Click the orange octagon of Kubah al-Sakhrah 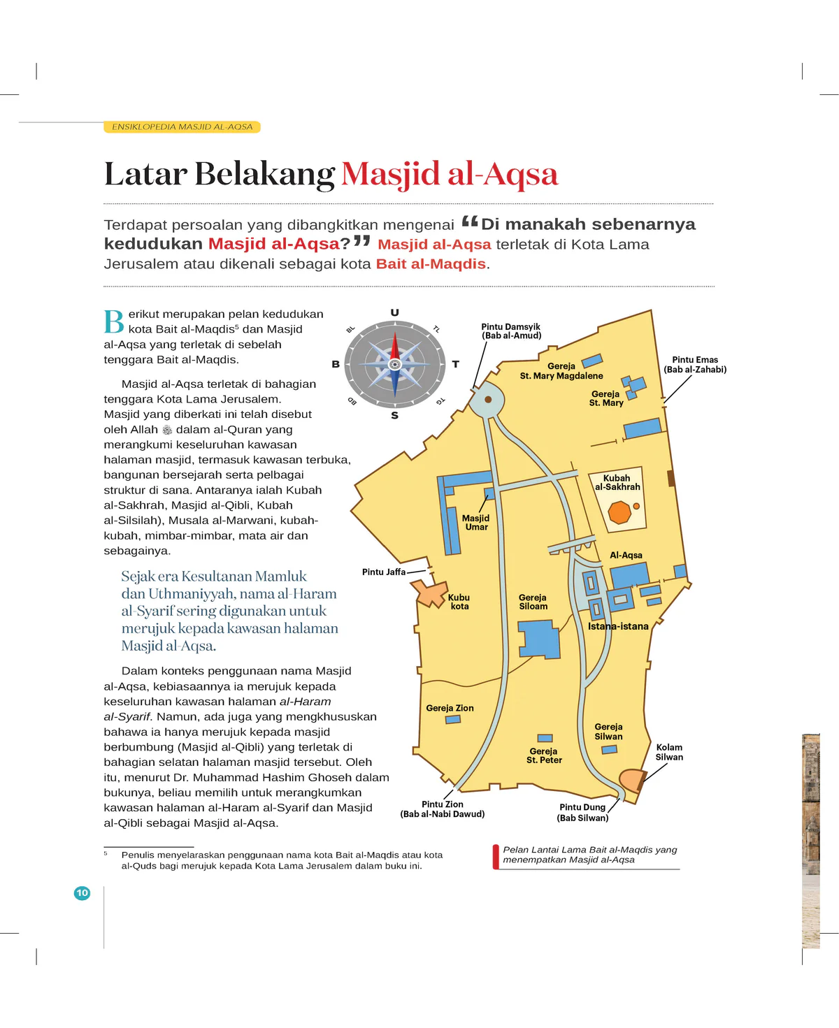pyautogui.click(x=619, y=512)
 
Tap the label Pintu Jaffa pyautogui.click(x=384, y=572)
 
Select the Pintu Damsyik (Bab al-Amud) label pyautogui.click(x=511, y=331)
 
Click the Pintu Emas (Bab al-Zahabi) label pyautogui.click(x=695, y=364)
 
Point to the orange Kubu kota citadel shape pyautogui.click(x=431, y=593)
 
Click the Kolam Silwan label pyautogui.click(x=669, y=752)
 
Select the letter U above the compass pyautogui.click(x=394, y=312)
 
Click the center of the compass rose pyautogui.click(x=394, y=364)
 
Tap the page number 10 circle pyautogui.click(x=82, y=892)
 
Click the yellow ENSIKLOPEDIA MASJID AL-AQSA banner pyautogui.click(x=182, y=126)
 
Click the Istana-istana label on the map pyautogui.click(x=618, y=626)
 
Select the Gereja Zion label pyautogui.click(x=450, y=708)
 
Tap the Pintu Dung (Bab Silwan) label pyautogui.click(x=582, y=812)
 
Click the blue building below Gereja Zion pyautogui.click(x=453, y=719)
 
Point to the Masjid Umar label pyautogui.click(x=475, y=522)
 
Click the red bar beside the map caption pyautogui.click(x=496, y=856)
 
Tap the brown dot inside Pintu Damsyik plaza pyautogui.click(x=488, y=400)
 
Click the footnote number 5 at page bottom pyautogui.click(x=106, y=853)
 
